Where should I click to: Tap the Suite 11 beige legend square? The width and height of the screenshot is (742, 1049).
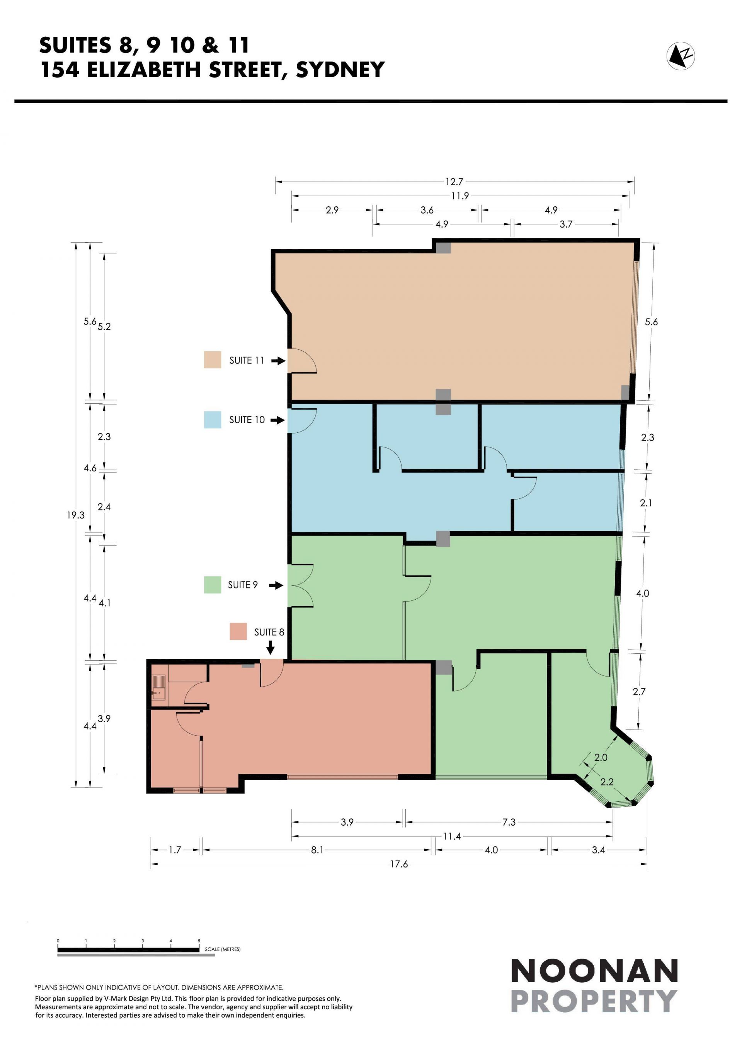coord(213,360)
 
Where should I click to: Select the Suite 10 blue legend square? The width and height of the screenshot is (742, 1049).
coord(213,420)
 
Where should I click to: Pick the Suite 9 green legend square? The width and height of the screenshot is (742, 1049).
coord(213,585)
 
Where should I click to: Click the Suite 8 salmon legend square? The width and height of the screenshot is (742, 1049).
coord(238,631)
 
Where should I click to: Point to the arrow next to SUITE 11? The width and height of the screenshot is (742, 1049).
coord(278,360)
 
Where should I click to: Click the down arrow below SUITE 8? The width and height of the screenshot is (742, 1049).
coord(271,648)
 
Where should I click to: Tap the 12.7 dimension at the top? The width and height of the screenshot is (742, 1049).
coord(454,182)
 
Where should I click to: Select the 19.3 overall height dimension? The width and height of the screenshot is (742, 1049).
coord(76,515)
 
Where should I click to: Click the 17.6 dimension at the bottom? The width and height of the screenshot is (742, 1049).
coord(399,864)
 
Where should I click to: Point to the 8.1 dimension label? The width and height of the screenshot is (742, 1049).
coord(317,850)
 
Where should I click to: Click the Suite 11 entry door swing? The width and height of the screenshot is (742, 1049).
coord(304,360)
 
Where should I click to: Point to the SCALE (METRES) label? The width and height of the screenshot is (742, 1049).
coord(223,949)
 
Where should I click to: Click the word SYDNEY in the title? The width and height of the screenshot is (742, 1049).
coord(340,70)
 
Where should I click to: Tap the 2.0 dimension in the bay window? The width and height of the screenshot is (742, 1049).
coord(601,758)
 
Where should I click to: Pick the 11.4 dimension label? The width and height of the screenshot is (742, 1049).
coord(452,836)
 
